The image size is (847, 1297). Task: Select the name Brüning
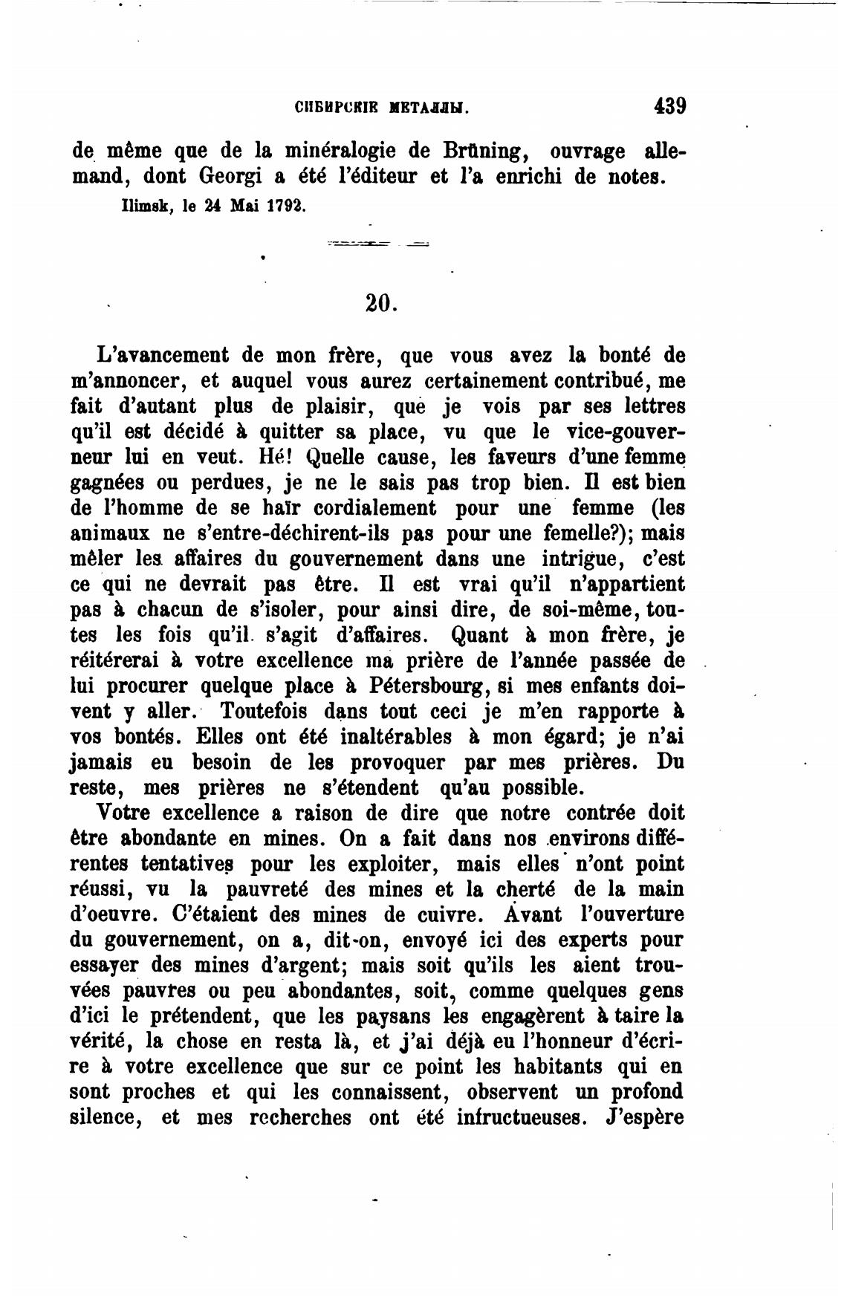tap(486, 151)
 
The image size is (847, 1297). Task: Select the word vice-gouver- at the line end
tap(626, 432)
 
